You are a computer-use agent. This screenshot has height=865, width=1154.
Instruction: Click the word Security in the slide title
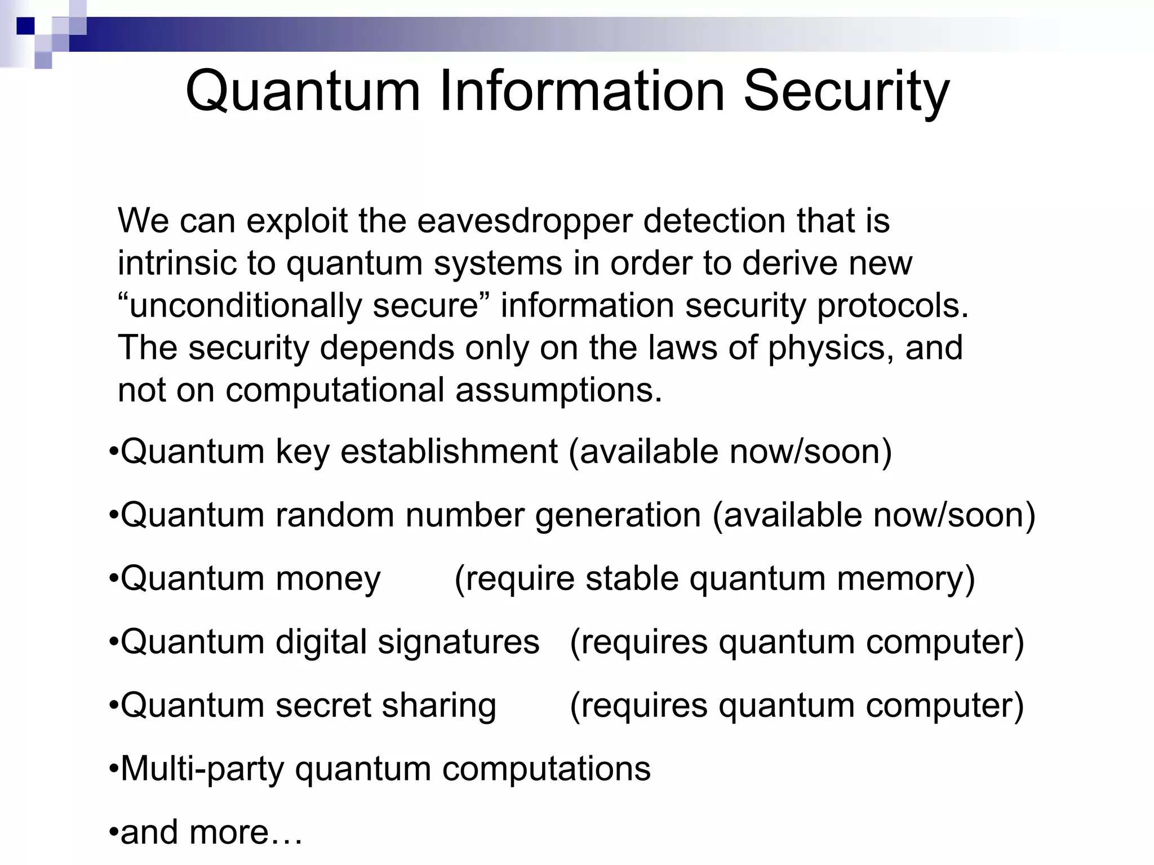tap(846, 92)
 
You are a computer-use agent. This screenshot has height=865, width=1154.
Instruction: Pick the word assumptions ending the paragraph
tap(558, 390)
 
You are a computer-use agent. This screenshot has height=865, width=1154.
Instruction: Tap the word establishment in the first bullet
tap(449, 452)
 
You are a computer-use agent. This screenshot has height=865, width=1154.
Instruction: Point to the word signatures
tap(458, 642)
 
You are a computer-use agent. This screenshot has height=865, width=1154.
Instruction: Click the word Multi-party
tap(202, 769)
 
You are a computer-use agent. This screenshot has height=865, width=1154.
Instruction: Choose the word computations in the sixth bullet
tap(546, 769)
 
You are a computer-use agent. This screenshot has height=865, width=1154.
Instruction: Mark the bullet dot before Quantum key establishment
tap(113, 452)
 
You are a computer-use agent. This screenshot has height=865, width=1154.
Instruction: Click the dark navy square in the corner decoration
tap(25, 26)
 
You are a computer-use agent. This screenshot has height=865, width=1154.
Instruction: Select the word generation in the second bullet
tap(618, 516)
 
